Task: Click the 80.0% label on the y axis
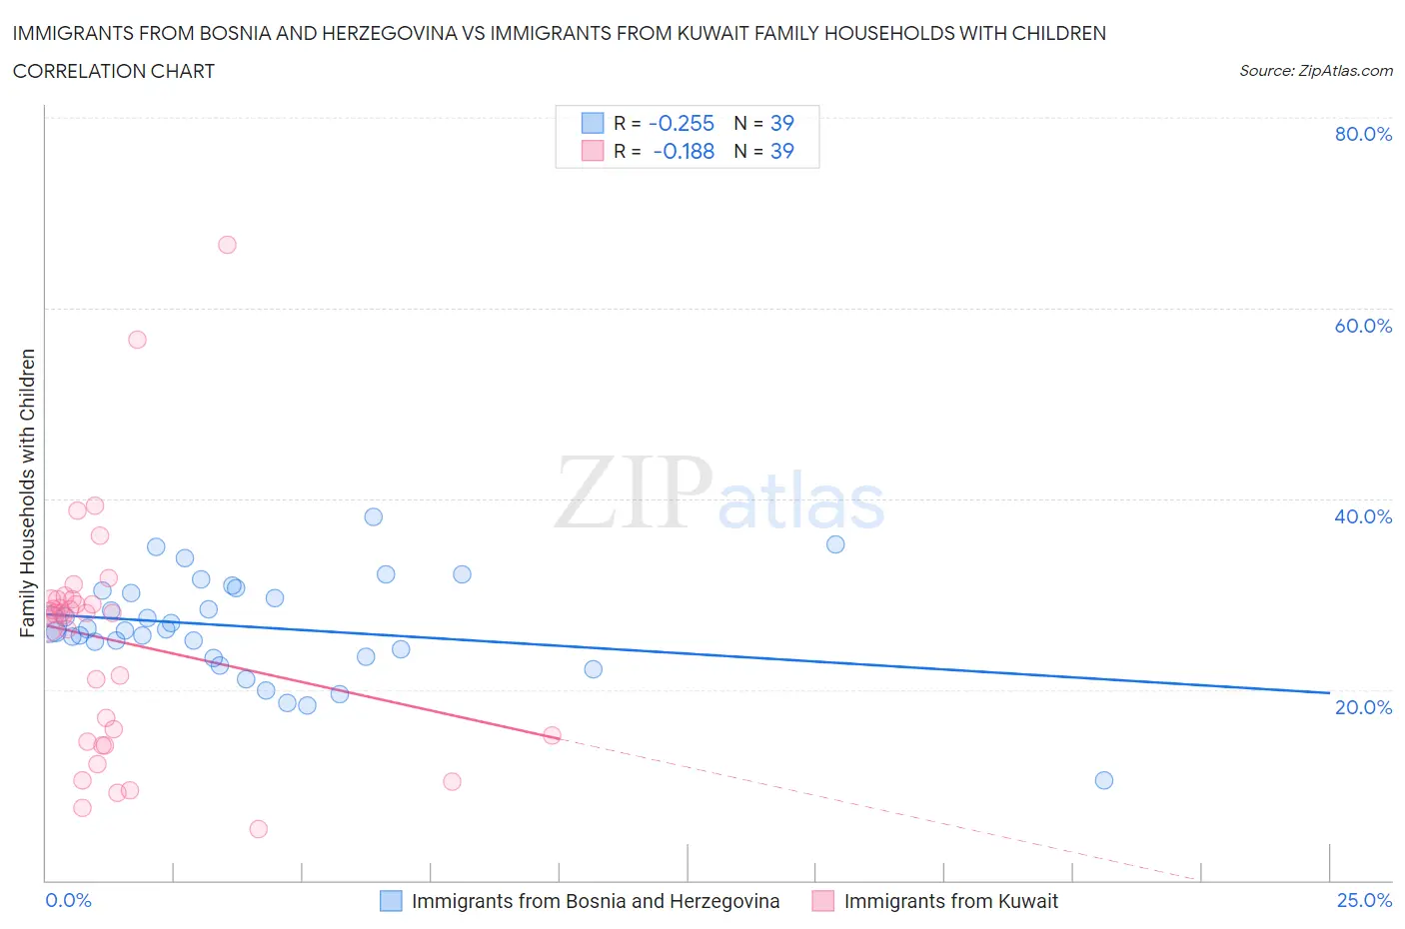[1363, 134]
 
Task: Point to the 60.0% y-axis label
[1363, 326]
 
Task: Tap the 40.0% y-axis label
[1363, 516]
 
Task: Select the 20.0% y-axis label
[1363, 707]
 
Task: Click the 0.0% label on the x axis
[69, 900]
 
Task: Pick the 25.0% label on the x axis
[1364, 900]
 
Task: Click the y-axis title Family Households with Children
[27, 492]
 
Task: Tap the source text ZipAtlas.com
[1315, 71]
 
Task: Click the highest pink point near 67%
[227, 245]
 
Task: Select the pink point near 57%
[137, 340]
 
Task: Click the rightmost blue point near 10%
[1104, 780]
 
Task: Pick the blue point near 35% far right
[835, 544]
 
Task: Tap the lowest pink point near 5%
[258, 829]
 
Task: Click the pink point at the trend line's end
[552, 735]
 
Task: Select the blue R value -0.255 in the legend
[682, 123]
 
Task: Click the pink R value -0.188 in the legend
[684, 151]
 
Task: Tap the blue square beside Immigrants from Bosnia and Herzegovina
[391, 901]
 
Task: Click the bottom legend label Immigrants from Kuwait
[950, 901]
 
